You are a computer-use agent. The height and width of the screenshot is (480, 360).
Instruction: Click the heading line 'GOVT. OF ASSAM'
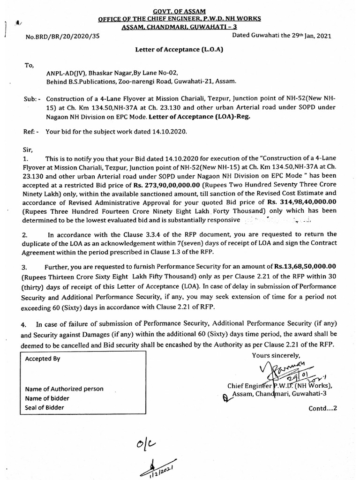[x=180, y=11]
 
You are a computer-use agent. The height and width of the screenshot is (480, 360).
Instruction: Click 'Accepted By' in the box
[x=43, y=359]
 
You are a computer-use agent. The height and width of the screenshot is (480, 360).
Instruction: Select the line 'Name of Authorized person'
[x=64, y=389]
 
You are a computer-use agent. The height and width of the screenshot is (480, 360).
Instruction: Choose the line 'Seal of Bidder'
[x=45, y=408]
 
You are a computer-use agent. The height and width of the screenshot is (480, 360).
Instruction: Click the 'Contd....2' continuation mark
[x=322, y=408]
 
